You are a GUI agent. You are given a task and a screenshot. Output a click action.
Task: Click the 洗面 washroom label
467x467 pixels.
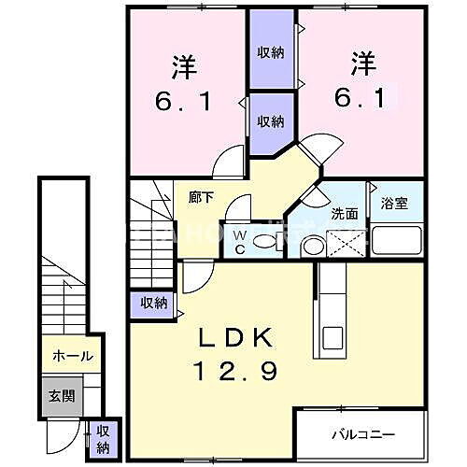click(x=345, y=214)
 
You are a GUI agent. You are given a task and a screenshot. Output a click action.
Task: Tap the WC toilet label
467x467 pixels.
click(x=239, y=242)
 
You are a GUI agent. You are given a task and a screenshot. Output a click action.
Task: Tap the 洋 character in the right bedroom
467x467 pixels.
click(x=363, y=65)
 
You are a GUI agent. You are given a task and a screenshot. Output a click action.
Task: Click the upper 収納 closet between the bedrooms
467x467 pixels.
click(x=271, y=52)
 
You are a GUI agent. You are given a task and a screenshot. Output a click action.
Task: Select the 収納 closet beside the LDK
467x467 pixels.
click(x=154, y=302)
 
